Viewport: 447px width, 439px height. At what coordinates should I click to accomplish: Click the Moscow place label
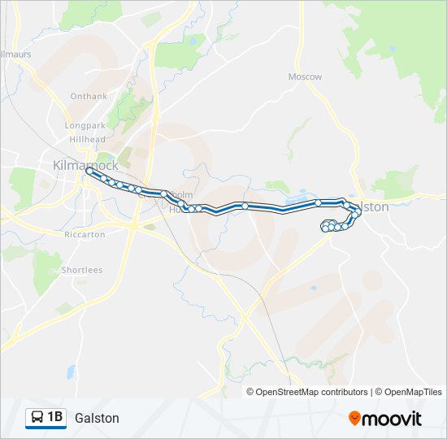[x=305, y=76]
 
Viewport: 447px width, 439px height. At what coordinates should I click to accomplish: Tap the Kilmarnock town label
[x=80, y=165]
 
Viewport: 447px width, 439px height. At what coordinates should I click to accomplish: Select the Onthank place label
[x=89, y=96]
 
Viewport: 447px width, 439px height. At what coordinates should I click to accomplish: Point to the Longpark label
[x=85, y=126]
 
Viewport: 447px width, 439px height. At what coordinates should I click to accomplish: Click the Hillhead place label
[x=87, y=139]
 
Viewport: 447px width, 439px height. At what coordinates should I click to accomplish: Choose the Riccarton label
[x=85, y=234]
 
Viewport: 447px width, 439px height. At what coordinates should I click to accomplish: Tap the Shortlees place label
[x=81, y=270]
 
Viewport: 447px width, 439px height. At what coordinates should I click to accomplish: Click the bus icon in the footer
[x=37, y=418]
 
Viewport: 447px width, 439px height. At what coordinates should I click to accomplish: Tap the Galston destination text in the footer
[x=97, y=418]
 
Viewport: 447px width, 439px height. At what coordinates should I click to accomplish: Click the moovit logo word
[x=392, y=419]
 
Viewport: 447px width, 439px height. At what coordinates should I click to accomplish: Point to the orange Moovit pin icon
[x=354, y=418]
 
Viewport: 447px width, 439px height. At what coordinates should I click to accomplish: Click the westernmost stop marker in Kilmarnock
[x=88, y=171]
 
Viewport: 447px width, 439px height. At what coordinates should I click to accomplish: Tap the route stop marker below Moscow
[x=319, y=202]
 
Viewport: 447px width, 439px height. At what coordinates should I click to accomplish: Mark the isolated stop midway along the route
[x=245, y=206]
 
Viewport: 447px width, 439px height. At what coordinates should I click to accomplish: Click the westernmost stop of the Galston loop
[x=325, y=228]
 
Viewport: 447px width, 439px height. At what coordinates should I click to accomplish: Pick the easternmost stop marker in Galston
[x=358, y=213]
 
